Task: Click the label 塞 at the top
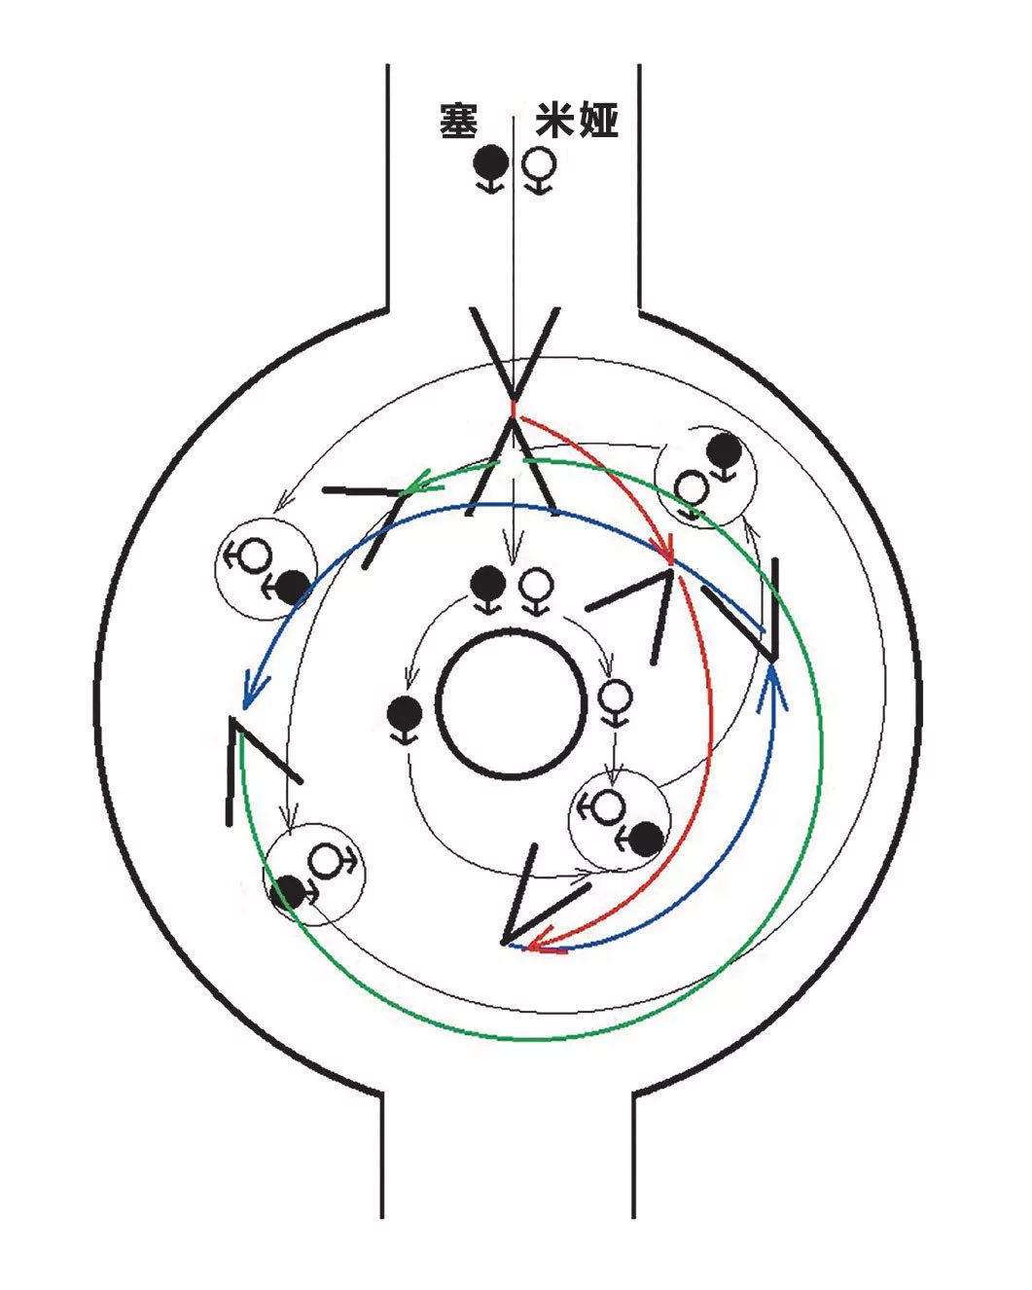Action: click(458, 122)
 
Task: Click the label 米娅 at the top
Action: click(576, 122)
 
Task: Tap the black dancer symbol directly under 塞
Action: click(491, 161)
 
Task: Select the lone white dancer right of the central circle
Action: click(615, 697)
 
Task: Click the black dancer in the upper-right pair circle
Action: click(722, 448)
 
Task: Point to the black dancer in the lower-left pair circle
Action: click(289, 891)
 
